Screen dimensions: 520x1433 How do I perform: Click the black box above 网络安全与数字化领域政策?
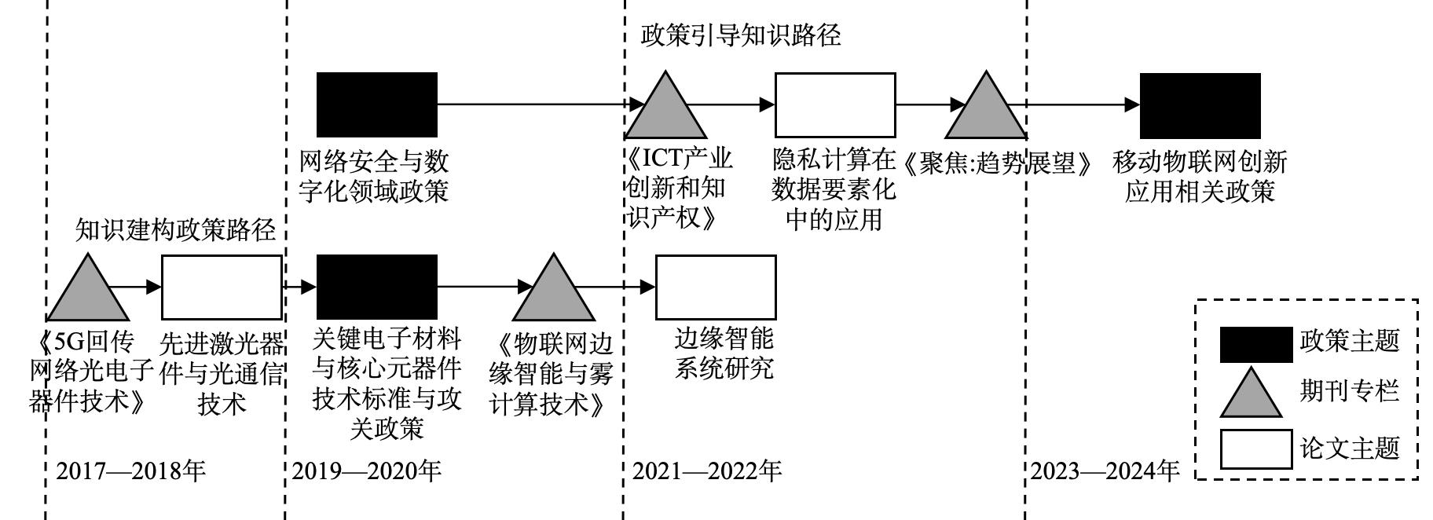376,104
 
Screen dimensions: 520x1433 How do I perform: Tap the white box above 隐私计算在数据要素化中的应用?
835,104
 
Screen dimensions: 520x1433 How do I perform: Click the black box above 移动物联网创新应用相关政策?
1200,105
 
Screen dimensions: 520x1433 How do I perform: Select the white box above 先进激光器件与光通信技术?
222,287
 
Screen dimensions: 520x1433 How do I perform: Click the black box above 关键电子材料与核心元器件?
376,287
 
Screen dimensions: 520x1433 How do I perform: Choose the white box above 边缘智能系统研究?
716,287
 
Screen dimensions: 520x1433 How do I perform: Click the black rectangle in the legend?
1255,344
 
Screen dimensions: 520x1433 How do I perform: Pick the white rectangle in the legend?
1255,449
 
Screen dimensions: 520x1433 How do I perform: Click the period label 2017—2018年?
131,471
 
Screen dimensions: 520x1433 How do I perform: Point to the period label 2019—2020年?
367,471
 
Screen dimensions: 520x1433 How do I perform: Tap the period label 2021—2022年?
707,471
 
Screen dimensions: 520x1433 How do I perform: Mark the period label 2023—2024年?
1105,471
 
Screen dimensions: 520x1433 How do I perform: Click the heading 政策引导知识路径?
741,35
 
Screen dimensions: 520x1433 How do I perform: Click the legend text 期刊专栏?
1349,390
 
